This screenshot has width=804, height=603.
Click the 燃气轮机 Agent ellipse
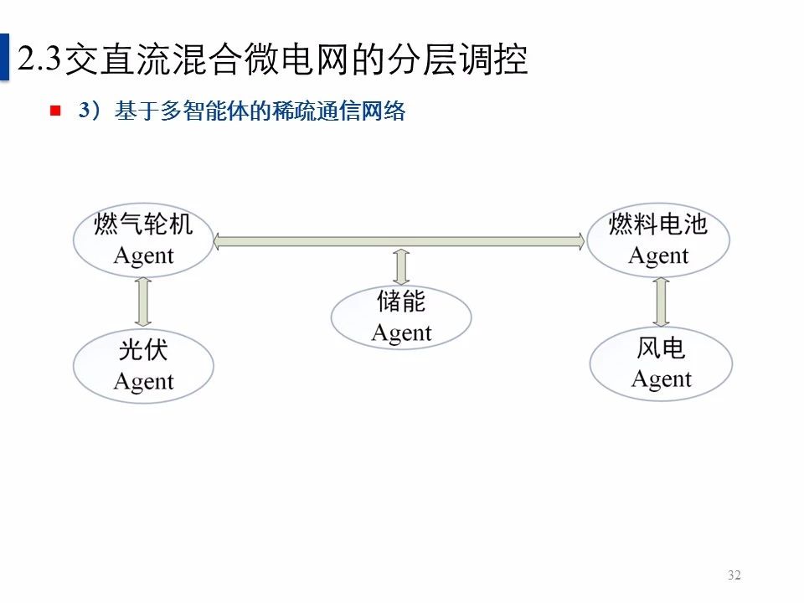(x=143, y=240)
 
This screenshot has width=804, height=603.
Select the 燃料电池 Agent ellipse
(x=658, y=240)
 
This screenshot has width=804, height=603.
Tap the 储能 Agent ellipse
(x=401, y=317)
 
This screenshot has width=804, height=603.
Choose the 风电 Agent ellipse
(x=661, y=363)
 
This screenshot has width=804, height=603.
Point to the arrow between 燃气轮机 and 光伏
(x=143, y=302)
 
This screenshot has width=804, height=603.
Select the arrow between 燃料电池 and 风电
(x=662, y=301)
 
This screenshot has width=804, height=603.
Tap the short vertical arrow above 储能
(x=401, y=266)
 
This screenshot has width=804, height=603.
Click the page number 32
(x=734, y=575)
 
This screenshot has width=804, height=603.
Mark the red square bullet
(x=56, y=111)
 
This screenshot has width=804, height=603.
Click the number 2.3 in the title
(x=39, y=59)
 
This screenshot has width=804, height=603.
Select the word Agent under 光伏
(x=143, y=382)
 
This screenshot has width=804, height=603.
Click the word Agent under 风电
(x=661, y=379)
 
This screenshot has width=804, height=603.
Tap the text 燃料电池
(x=658, y=224)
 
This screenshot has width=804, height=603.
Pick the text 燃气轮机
(x=143, y=224)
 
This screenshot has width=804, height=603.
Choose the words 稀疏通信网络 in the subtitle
(x=348, y=111)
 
